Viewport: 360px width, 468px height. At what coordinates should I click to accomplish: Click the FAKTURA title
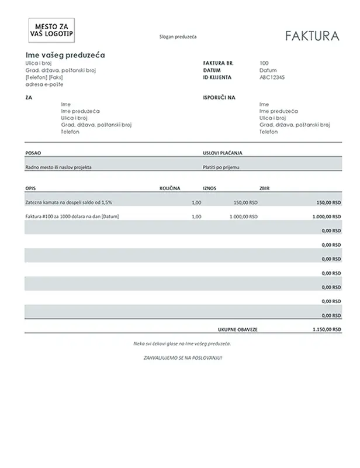click(x=312, y=36)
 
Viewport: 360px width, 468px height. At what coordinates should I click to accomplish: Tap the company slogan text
click(x=178, y=37)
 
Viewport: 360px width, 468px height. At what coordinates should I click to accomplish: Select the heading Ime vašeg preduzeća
click(x=65, y=54)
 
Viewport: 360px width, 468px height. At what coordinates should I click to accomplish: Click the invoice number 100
click(x=264, y=63)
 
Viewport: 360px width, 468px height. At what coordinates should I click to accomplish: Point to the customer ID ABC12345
click(x=272, y=77)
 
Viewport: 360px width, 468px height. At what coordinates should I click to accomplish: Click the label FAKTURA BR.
click(x=217, y=63)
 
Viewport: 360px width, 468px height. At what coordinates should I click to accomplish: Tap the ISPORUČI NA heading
click(x=219, y=98)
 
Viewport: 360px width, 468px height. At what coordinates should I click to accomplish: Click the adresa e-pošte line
click(x=43, y=84)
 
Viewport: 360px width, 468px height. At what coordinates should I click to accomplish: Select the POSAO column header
click(x=33, y=153)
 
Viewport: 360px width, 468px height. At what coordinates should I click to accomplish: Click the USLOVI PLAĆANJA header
click(x=222, y=153)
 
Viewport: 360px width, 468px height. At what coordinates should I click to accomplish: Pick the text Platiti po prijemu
click(x=221, y=167)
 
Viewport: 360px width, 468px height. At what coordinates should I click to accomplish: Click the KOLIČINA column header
click(x=170, y=188)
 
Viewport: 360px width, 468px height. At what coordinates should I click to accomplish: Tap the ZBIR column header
click(x=264, y=188)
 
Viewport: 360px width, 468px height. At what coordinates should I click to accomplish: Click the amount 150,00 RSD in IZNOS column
click(x=245, y=202)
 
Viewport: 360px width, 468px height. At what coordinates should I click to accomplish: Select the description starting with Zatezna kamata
click(x=67, y=202)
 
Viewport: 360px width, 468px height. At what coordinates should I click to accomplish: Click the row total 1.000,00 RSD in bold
click(x=326, y=216)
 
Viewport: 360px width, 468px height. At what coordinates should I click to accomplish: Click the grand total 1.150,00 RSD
click(x=326, y=329)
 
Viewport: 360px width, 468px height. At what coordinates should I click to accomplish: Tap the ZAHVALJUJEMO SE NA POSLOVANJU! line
click(x=182, y=357)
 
